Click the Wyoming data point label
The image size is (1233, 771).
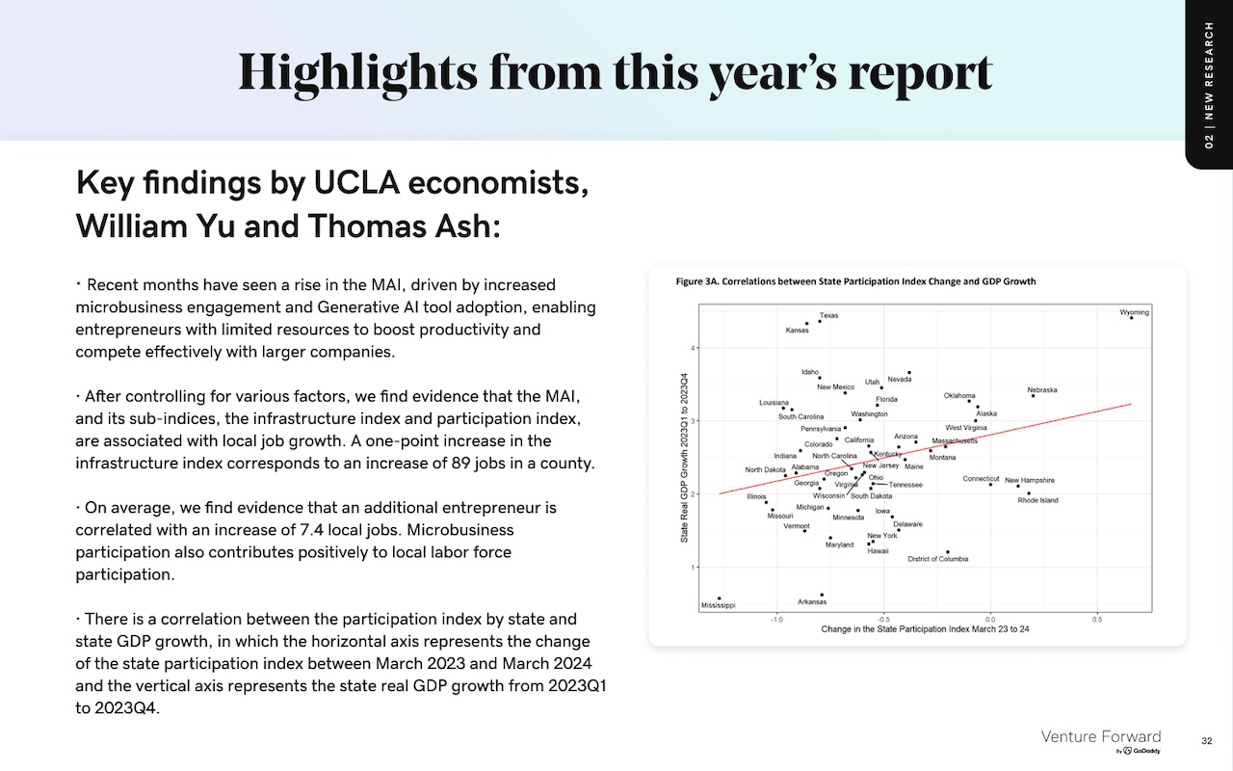(x=1134, y=312)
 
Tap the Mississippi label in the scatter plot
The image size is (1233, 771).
(x=718, y=605)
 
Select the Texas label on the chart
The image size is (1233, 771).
(x=828, y=315)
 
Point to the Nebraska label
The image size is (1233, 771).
(x=1042, y=390)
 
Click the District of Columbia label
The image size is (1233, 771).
(x=938, y=559)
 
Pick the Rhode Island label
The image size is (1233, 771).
(x=1037, y=500)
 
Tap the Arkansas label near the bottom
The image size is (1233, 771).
(x=812, y=602)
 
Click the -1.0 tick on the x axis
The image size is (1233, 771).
(x=776, y=620)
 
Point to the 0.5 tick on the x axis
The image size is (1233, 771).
(x=1097, y=620)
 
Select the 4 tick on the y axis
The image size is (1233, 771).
(x=693, y=348)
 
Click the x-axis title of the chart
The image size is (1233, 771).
(x=925, y=629)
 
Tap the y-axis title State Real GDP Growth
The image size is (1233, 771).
(x=684, y=458)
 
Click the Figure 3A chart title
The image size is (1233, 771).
(x=855, y=281)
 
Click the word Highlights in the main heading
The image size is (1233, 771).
(x=357, y=73)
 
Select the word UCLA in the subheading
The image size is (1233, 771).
(x=356, y=182)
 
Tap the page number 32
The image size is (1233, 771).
(x=1206, y=741)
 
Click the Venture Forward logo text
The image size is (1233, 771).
(x=1100, y=737)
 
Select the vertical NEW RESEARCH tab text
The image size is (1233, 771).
(x=1209, y=85)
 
